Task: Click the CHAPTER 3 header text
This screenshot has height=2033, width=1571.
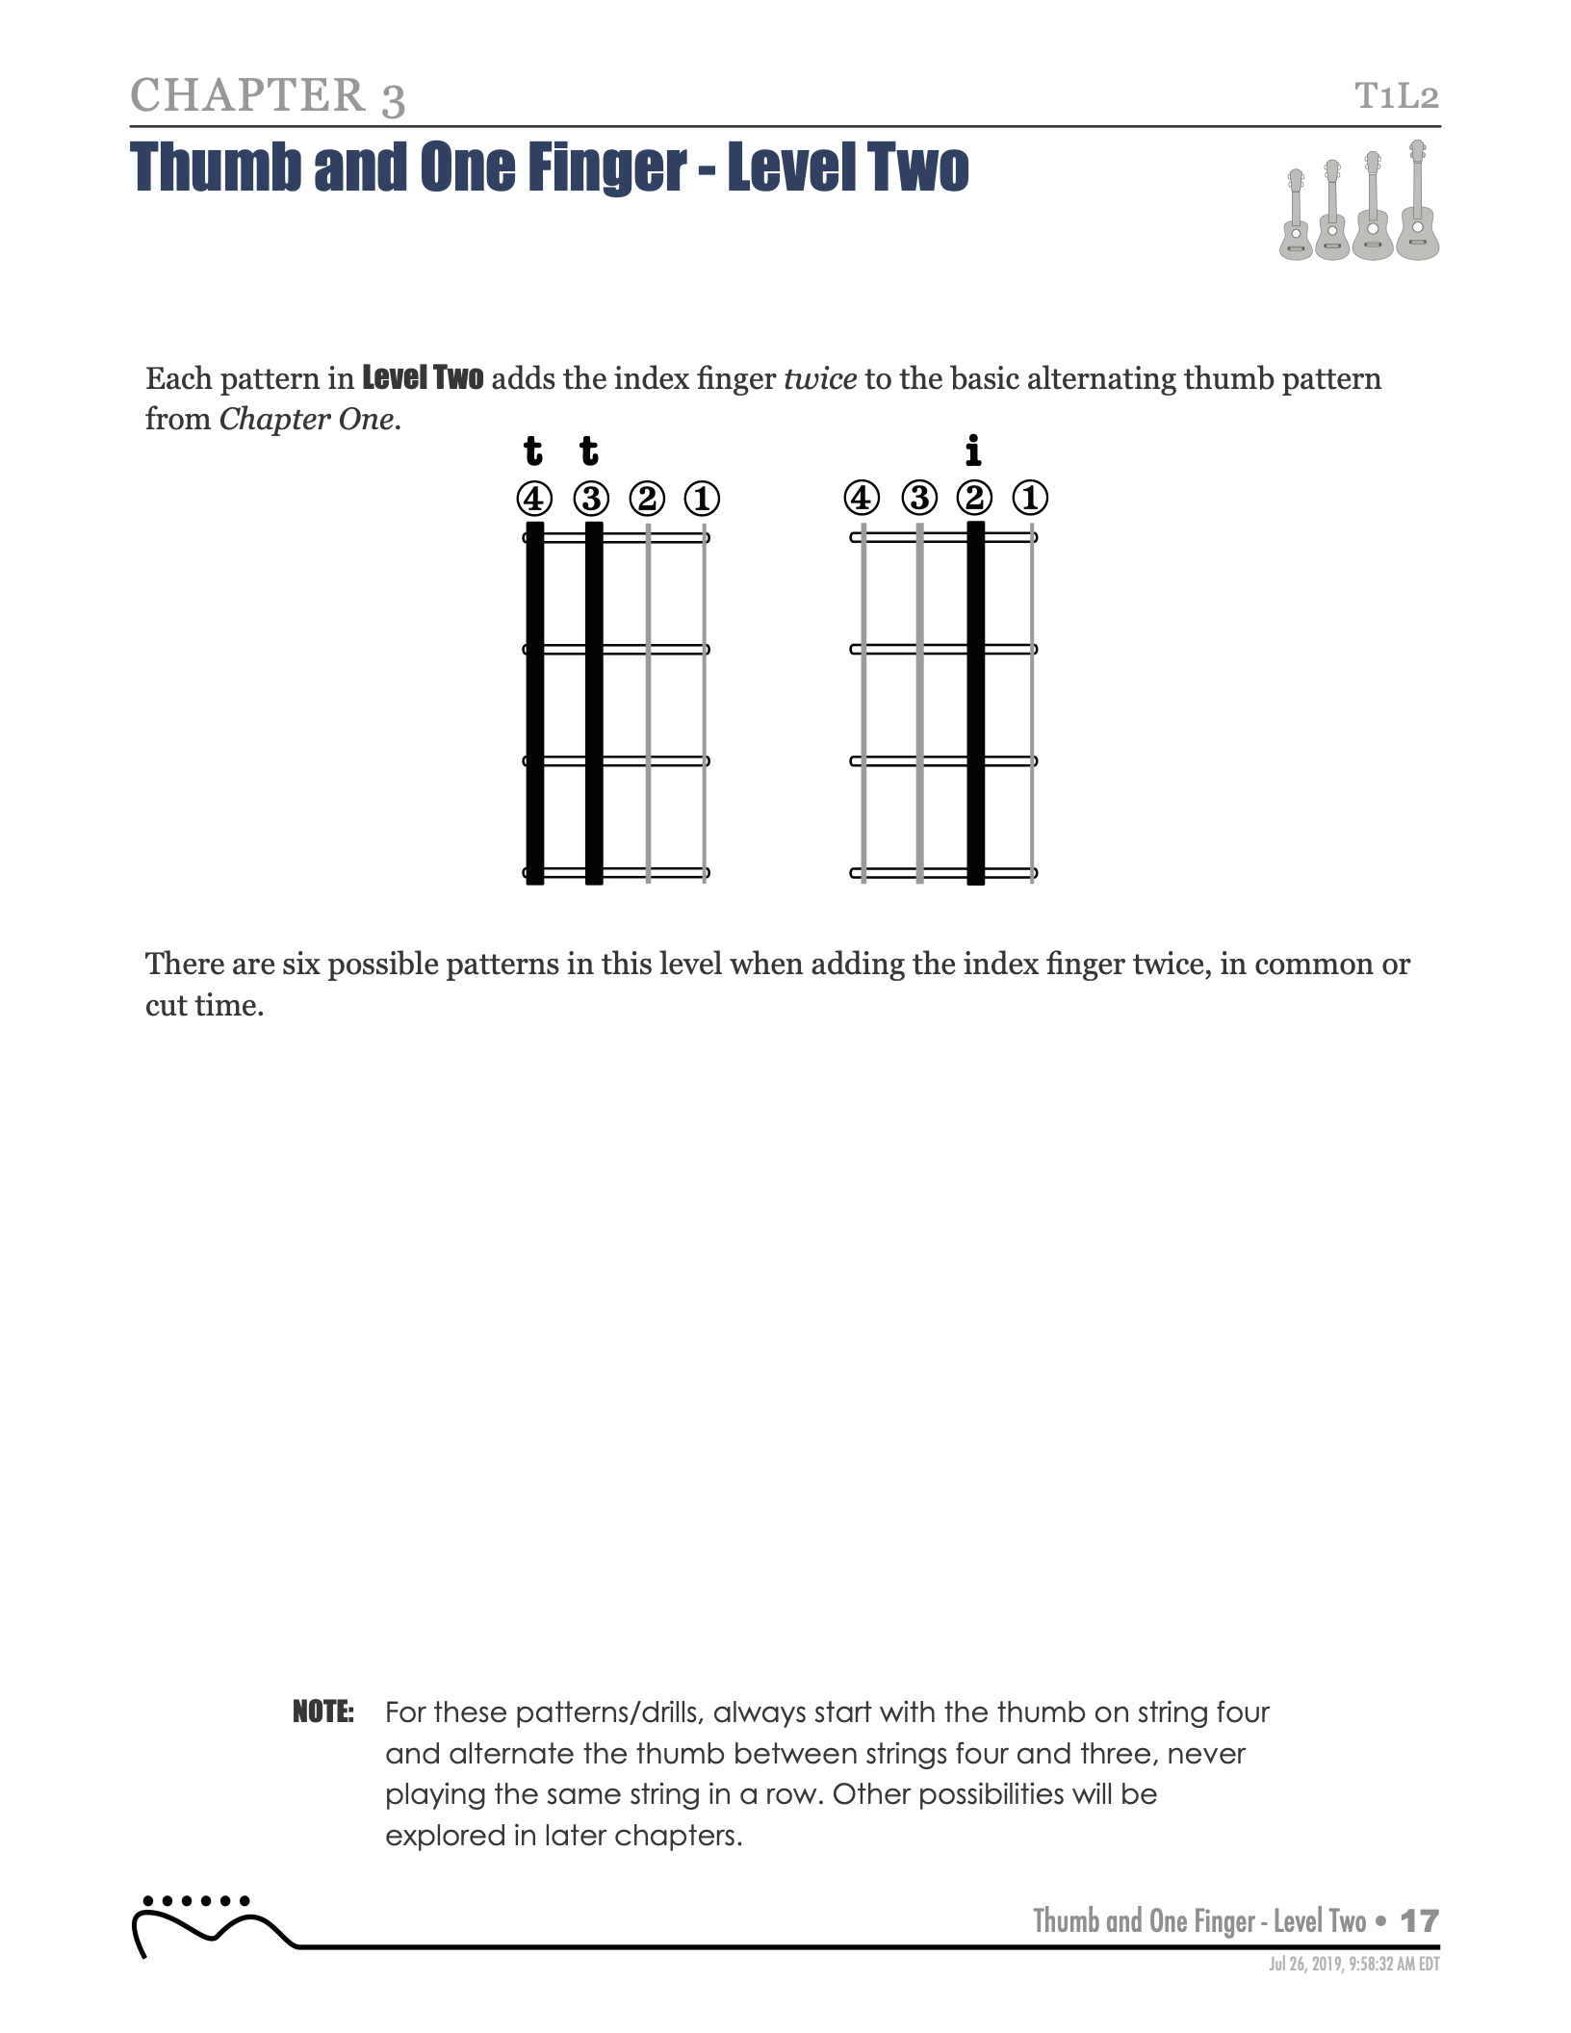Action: (x=268, y=96)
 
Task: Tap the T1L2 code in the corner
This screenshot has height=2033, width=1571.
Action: (x=1397, y=96)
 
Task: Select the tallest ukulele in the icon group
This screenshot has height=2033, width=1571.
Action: (x=1417, y=202)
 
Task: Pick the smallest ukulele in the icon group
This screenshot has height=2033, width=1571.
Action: (x=1296, y=217)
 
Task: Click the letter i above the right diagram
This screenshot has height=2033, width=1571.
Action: (x=973, y=450)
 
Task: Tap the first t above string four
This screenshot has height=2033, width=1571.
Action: (x=532, y=450)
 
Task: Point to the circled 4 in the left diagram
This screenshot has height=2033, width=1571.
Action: (x=534, y=499)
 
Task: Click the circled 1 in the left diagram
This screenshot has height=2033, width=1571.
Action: (x=702, y=499)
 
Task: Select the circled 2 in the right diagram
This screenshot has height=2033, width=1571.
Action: (x=974, y=498)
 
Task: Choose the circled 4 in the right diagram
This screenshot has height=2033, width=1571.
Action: (x=862, y=498)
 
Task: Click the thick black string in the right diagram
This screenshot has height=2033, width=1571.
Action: (x=975, y=703)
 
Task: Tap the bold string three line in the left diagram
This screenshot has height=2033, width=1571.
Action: (x=594, y=703)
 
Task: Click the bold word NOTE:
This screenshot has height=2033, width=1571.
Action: (x=323, y=1712)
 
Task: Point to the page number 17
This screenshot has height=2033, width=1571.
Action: (x=1419, y=1921)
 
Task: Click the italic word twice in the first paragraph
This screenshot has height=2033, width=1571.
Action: (x=820, y=379)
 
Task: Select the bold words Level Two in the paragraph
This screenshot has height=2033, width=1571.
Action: (x=423, y=378)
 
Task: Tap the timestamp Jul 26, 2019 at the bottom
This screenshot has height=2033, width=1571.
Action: (x=1353, y=1965)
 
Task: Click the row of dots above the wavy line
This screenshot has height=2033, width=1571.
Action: (x=195, y=1901)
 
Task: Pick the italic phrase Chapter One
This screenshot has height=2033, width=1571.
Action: (x=307, y=420)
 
